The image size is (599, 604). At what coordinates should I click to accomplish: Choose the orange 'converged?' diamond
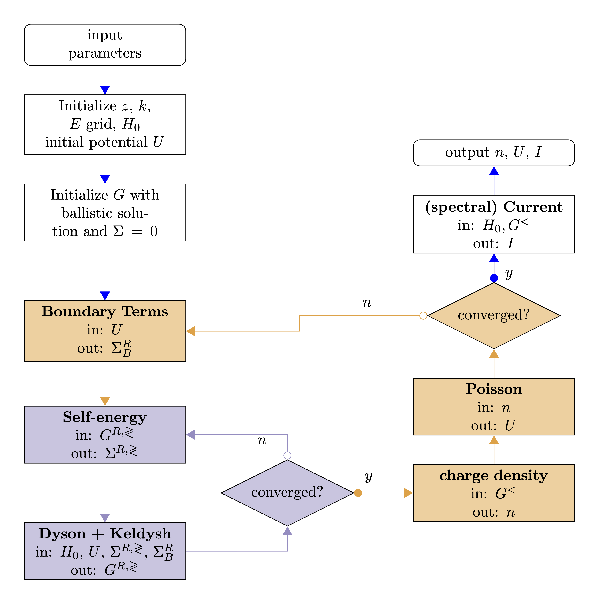(494, 315)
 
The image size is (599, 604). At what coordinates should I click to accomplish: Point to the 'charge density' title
(494, 476)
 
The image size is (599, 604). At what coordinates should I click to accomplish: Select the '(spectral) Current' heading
(494, 207)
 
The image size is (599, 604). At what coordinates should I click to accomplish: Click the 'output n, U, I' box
(494, 153)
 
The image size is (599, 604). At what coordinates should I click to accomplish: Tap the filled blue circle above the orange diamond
(494, 278)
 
